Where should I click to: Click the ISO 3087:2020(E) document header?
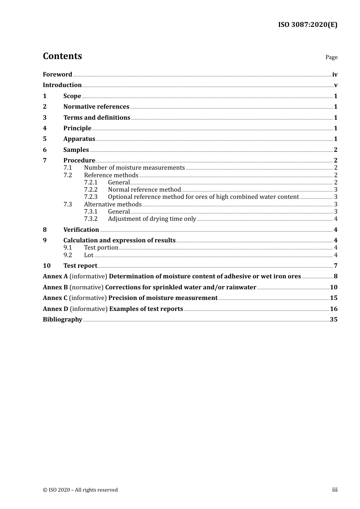click(307, 25)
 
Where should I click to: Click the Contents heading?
click(62, 56)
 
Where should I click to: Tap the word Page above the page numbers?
click(331, 57)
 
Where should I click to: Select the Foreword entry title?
click(57, 74)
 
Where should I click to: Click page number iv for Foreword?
click(335, 75)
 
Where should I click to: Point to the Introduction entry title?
click(62, 85)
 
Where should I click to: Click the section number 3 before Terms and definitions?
click(45, 117)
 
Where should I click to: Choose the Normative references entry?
click(96, 107)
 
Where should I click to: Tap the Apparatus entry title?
click(79, 139)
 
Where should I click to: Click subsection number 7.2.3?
click(91, 197)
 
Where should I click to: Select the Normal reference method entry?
click(144, 190)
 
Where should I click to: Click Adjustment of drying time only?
click(152, 219)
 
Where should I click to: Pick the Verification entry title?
click(81, 230)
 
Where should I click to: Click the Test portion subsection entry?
click(101, 248)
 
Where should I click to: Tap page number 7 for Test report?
click(335, 266)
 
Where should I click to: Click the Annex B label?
click(55, 287)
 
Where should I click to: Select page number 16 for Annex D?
click(333, 309)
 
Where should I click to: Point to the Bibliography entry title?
click(63, 319)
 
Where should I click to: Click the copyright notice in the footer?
click(80, 490)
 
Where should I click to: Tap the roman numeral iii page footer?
click(335, 490)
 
